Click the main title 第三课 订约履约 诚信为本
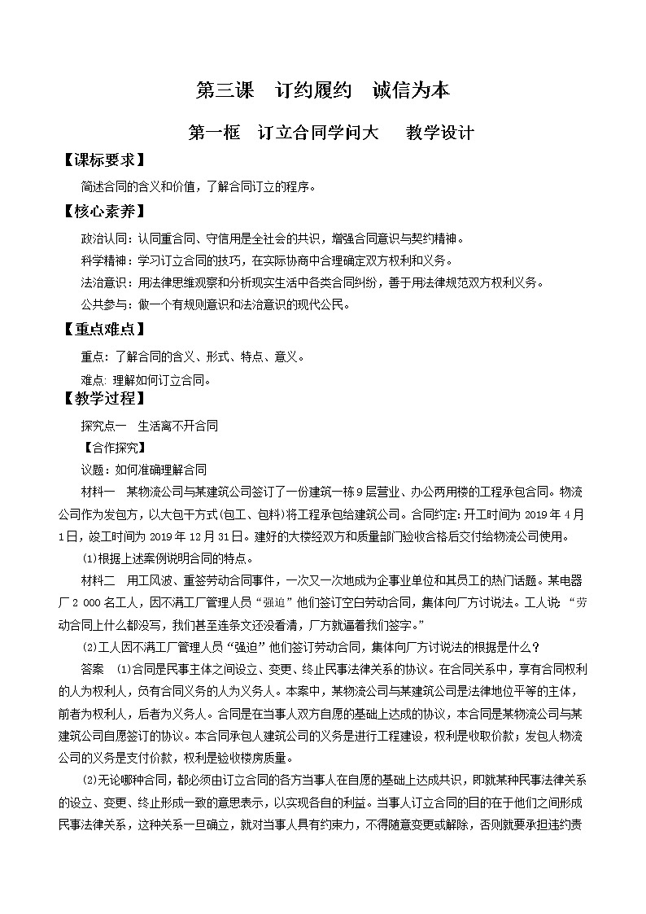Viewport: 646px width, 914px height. pos(322,90)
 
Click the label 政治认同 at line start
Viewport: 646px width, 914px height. pos(102,239)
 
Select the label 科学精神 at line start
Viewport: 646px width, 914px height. pos(102,261)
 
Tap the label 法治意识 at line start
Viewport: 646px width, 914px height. pos(102,283)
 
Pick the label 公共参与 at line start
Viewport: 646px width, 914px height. pos(102,305)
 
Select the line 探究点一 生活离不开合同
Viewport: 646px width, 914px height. pos(149,426)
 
